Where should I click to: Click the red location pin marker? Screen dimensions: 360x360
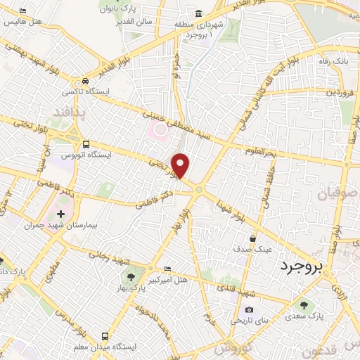pos(181,165)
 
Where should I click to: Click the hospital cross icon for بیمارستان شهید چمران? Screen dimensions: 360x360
pos(60,214)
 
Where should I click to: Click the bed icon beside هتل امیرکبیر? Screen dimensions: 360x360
pos(167,269)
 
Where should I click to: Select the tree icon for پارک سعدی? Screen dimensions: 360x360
pos(304,305)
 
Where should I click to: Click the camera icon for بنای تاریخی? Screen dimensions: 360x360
pos(248,309)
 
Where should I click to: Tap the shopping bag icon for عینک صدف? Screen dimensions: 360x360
pos(252,238)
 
